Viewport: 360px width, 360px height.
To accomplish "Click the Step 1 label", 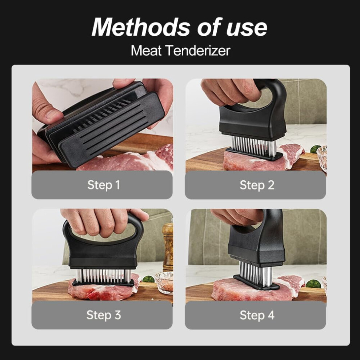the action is (104, 185).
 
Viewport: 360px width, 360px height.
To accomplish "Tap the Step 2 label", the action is (257, 185).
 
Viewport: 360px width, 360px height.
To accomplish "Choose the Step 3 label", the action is (104, 315).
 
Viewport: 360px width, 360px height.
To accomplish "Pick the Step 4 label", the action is (257, 315).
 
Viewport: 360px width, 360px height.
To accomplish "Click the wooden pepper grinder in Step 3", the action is (168, 246).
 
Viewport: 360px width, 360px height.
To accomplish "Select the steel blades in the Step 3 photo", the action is (103, 276).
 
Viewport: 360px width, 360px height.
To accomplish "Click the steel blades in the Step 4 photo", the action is (255, 272).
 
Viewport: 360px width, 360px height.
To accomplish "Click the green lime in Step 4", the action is (313, 284).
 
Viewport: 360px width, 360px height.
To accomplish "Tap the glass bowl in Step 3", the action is (164, 283).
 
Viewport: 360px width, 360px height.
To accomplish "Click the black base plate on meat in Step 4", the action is (256, 283).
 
